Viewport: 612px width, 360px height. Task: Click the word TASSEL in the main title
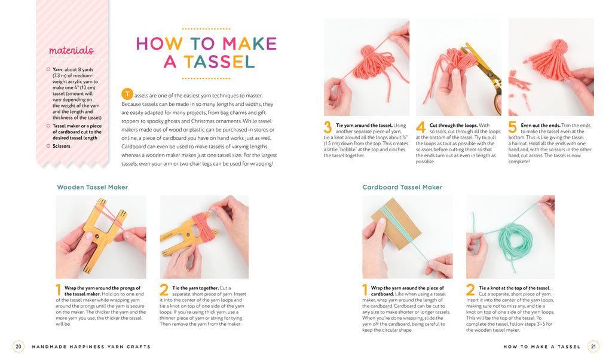219,62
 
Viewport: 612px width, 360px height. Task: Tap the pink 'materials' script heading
72,50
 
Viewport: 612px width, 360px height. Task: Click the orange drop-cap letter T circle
127,94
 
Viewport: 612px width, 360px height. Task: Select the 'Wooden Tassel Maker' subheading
93,187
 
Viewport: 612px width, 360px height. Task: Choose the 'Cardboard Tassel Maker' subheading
402,187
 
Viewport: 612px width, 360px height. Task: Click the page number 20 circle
19,346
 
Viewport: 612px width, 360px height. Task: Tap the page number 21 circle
593,346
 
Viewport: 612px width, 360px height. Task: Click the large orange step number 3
328,127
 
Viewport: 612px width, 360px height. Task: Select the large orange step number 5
512,127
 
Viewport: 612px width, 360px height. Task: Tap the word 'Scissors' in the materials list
62,146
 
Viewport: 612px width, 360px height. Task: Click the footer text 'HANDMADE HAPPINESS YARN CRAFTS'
91,347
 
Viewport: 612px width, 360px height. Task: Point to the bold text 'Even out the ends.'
540,126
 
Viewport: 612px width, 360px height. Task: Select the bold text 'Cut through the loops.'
454,126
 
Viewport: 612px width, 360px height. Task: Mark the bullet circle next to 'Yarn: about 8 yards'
48,69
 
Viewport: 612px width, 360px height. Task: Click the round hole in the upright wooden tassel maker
96,236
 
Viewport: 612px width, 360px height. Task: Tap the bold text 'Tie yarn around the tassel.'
364,126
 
